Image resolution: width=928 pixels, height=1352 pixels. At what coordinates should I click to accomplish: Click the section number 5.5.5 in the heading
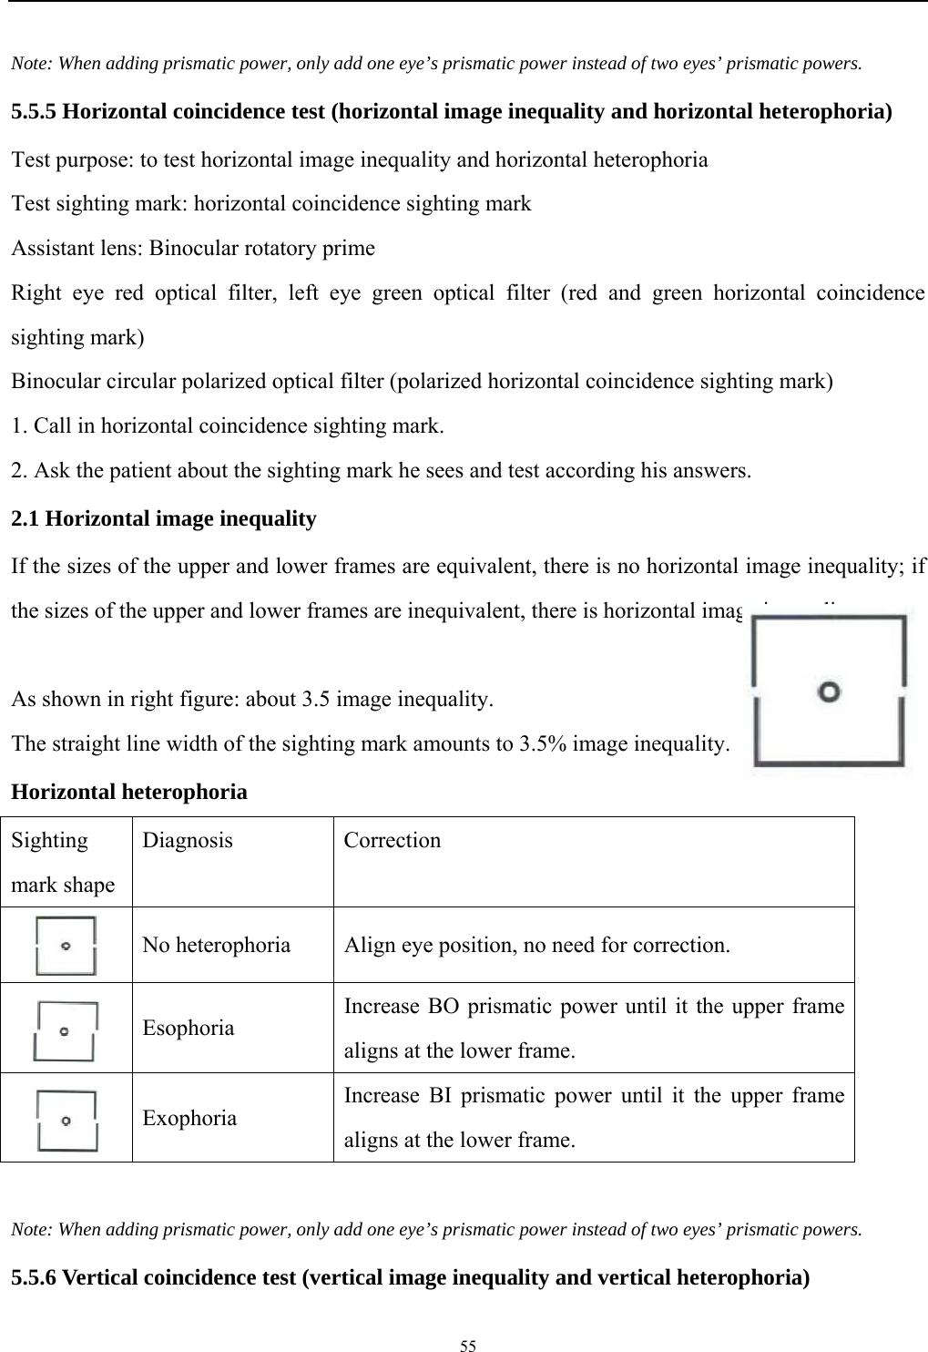coord(33,112)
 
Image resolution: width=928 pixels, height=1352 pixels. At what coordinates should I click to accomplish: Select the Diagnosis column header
coord(187,840)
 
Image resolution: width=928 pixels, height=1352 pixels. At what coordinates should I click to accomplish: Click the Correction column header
coord(392,840)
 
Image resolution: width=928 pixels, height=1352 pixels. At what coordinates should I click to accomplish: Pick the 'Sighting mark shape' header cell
coord(63,862)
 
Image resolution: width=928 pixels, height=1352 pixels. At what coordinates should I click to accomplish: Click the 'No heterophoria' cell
coord(216,945)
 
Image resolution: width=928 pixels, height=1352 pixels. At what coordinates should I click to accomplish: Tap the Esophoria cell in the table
coord(188,1028)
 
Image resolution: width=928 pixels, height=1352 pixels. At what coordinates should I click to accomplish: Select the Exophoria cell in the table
coord(189,1117)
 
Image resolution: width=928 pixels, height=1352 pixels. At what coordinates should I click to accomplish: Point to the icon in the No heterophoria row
coord(65,946)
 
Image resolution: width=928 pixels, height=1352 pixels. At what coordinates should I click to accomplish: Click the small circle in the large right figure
coord(829,691)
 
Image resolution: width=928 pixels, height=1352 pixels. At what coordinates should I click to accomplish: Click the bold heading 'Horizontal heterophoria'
coord(128,792)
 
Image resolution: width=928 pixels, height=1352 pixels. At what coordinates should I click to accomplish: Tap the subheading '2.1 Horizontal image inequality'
coord(163,519)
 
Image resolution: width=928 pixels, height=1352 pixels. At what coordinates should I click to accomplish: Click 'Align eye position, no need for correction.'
coord(536,945)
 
